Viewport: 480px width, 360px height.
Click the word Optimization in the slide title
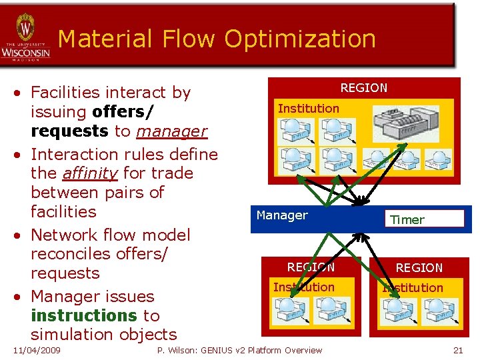tap(300, 39)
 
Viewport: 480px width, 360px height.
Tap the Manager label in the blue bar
tap(282, 215)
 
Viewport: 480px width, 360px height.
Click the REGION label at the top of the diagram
tap(363, 88)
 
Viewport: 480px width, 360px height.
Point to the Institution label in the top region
tap(308, 108)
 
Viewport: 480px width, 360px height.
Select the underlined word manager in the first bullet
tap(171, 131)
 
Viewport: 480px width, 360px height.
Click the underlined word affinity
tap(89, 173)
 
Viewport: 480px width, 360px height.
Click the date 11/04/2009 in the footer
tap(37, 350)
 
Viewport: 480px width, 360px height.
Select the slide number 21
tap(457, 350)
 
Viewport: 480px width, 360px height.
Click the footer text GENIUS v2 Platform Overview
tap(267, 350)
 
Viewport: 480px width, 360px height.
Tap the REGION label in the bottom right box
tap(419, 268)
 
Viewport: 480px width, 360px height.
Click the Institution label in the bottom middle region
tap(304, 287)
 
